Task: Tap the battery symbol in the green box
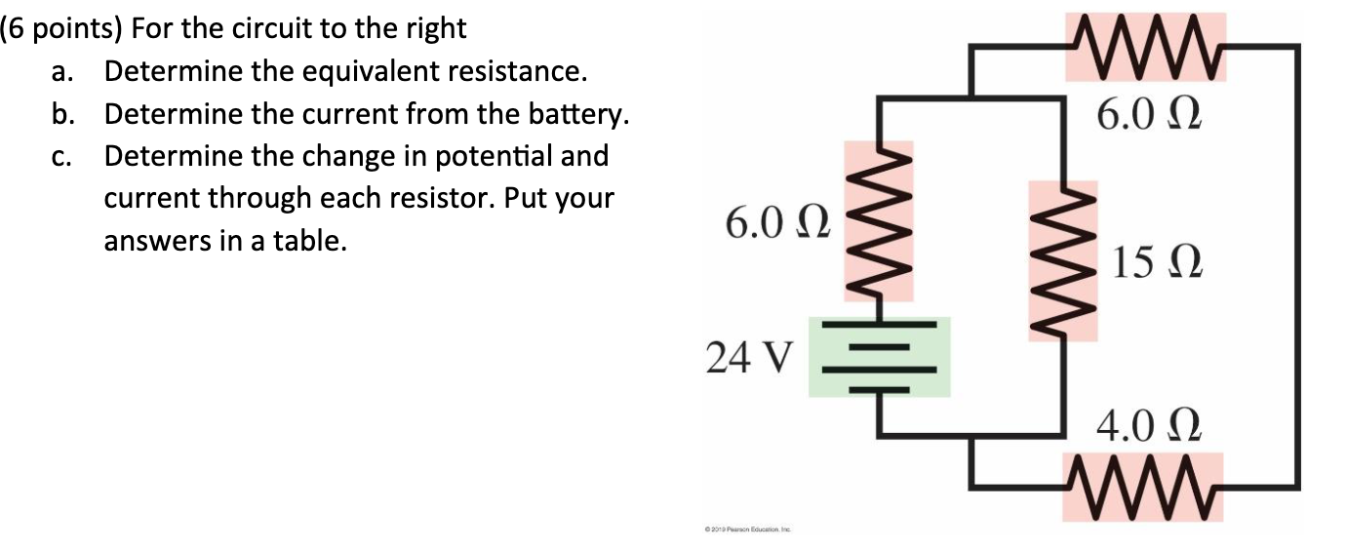coord(880,358)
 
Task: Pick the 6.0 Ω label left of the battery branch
coord(777,225)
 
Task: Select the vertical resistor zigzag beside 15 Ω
coord(1064,260)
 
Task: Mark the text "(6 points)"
coord(61,29)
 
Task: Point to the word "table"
coord(315,240)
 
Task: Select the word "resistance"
coord(518,72)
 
